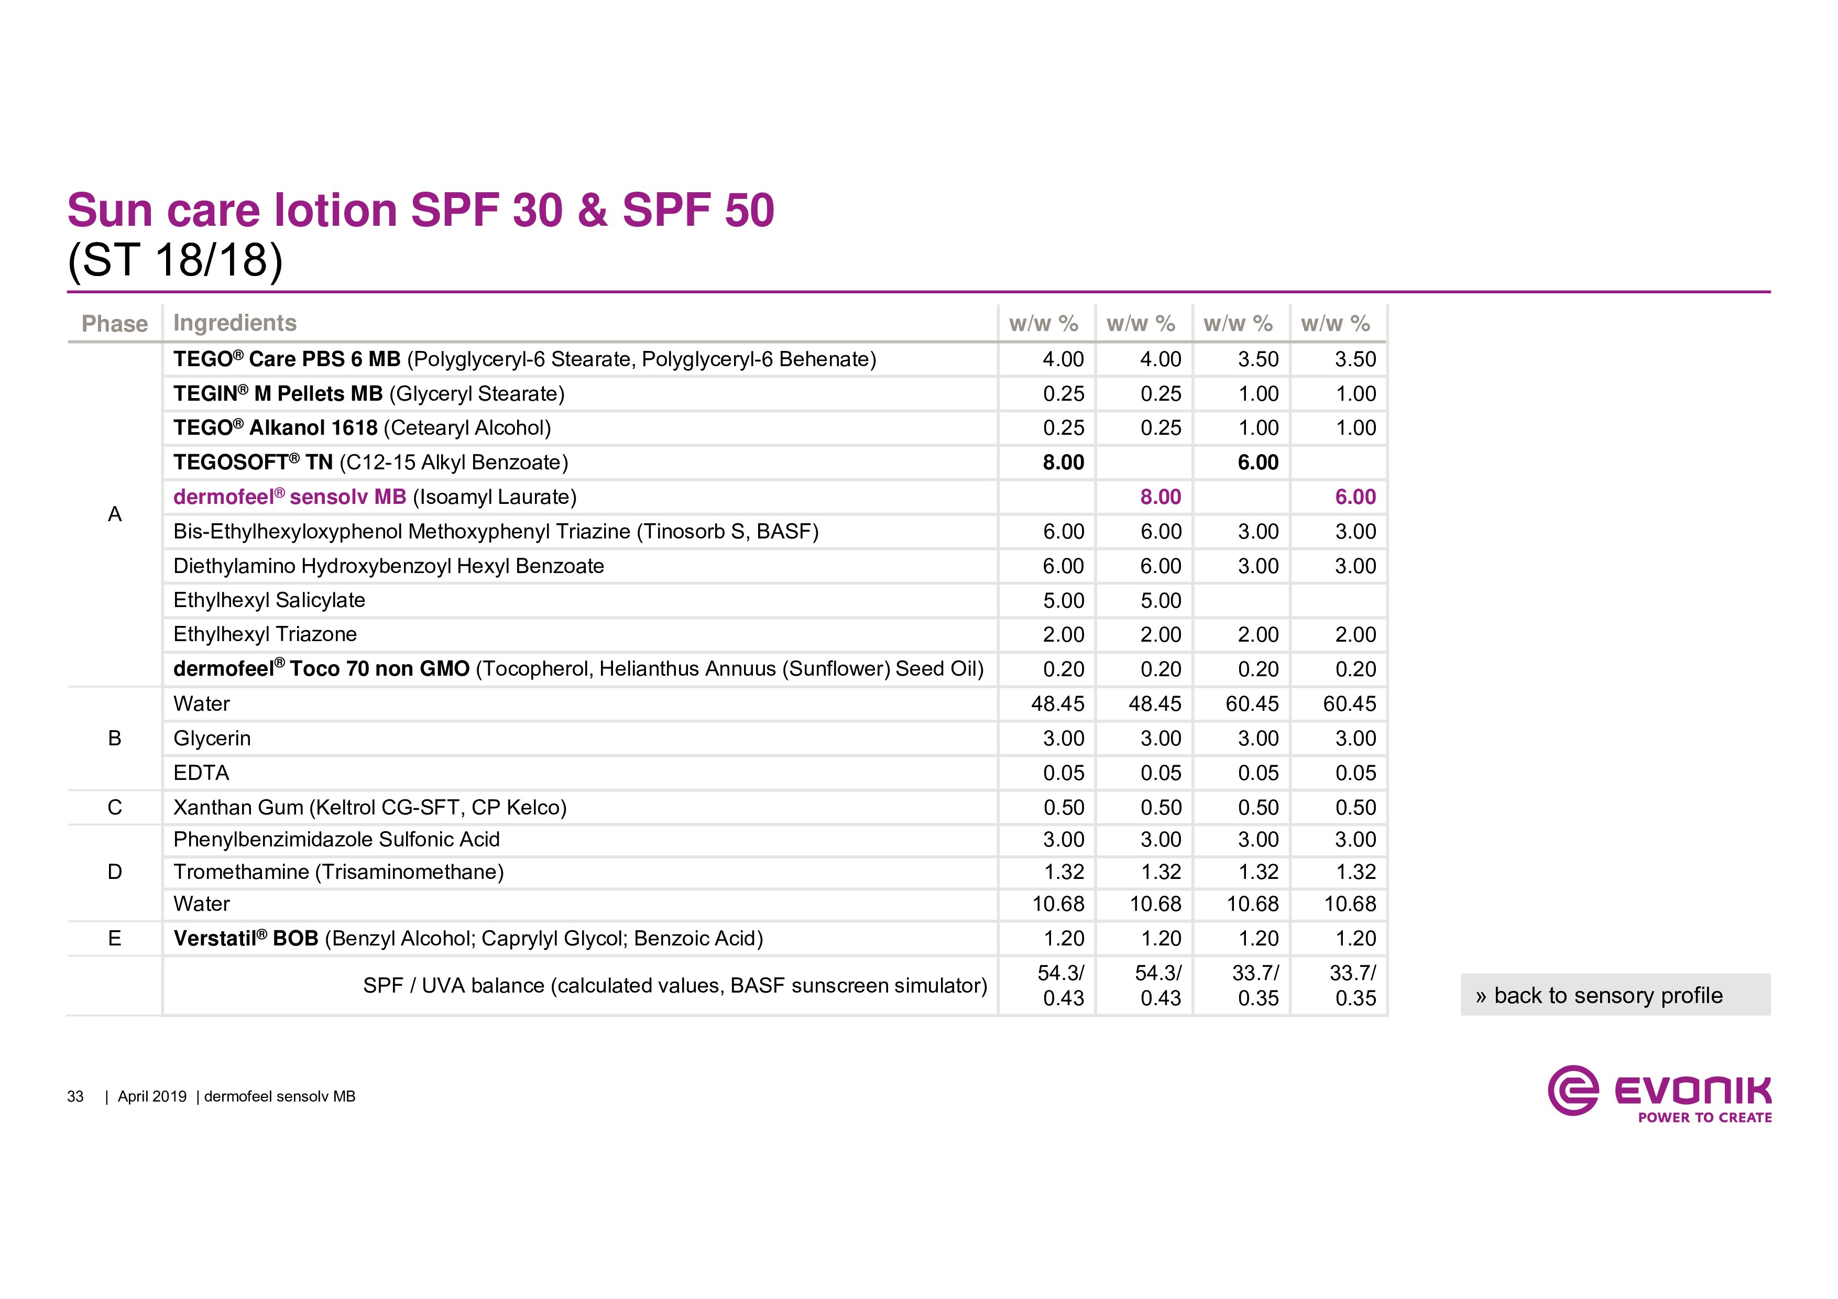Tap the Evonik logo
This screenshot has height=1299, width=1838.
coord(1659,1093)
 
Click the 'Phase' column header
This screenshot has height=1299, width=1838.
coord(114,323)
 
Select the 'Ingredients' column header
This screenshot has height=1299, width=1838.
coord(235,323)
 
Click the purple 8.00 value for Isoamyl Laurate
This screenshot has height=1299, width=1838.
coord(1160,497)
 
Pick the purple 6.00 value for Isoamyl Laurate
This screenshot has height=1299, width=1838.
coord(1354,497)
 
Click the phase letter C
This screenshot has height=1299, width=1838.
coord(114,808)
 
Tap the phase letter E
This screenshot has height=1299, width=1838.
coord(114,938)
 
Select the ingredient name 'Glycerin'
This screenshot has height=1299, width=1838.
coord(212,738)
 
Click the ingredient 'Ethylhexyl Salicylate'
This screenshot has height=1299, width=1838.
coord(269,600)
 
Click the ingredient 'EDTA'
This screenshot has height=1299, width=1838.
coord(201,773)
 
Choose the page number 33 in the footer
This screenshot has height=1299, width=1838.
coord(75,1096)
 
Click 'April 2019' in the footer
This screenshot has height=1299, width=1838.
coord(152,1096)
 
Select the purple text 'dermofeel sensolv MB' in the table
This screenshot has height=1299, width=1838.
coord(290,497)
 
